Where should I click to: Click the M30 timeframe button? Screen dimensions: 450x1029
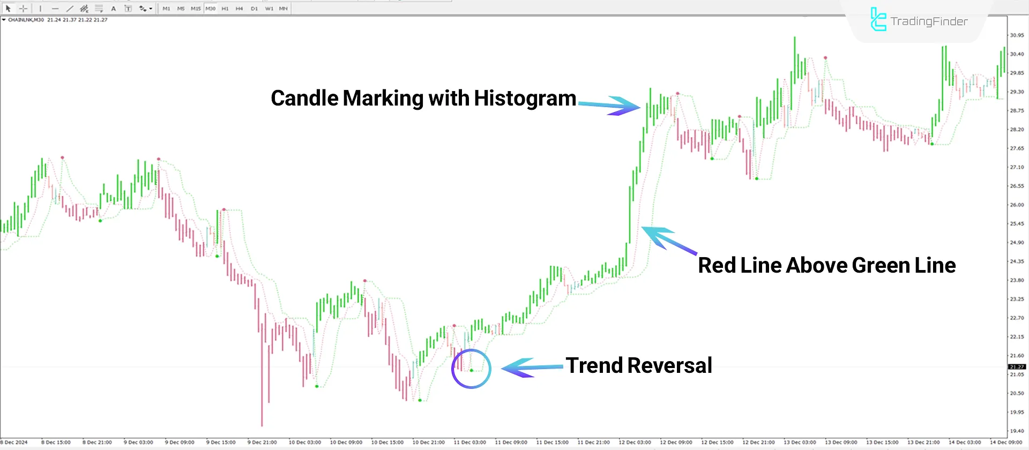pos(210,9)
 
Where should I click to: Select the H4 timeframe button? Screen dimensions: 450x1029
pos(239,9)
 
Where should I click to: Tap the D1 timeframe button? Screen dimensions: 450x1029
pos(254,9)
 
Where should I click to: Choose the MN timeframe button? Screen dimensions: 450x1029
pos(283,9)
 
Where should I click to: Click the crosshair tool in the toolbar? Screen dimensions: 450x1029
pos(23,9)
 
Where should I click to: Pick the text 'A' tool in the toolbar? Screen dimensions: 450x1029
pos(114,9)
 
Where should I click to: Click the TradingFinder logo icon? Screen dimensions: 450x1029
pos(878,20)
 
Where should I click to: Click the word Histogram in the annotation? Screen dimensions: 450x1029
pos(525,99)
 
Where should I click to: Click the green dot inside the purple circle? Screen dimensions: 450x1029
pos(472,370)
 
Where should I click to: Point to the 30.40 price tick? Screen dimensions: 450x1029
pos(1017,54)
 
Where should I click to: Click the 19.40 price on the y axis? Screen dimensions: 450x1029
pos(1017,431)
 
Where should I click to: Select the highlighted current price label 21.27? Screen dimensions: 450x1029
pos(1017,367)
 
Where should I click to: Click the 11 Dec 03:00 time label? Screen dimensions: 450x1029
pos(469,442)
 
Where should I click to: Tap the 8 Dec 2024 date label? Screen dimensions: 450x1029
pos(14,442)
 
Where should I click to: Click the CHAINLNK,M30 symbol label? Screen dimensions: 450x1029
pos(26,20)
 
